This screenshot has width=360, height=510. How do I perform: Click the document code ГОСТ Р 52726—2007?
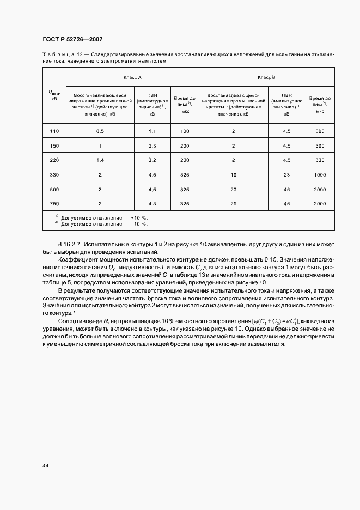pos(72,40)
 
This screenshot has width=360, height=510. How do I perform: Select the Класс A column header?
pos(132,77)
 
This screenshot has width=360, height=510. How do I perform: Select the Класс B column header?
pos(266,77)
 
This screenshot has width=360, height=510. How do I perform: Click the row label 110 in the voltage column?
pos(54,131)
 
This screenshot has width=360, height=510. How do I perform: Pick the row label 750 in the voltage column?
pos(54,203)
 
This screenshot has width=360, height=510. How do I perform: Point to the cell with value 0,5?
pos(100,131)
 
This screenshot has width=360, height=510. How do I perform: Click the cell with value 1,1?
pos(152,131)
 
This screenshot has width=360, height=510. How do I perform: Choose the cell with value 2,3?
pos(152,146)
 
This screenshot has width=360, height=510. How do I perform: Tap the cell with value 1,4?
pos(100,160)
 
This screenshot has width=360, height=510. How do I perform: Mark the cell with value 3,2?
pos(152,160)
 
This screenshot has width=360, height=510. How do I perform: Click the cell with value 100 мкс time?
pos(185,131)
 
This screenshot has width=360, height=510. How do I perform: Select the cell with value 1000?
pos(320,175)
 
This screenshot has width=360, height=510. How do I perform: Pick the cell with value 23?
pos(286,175)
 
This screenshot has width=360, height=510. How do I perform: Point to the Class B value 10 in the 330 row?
pos(233,175)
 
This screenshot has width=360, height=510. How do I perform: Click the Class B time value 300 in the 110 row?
pos(320,131)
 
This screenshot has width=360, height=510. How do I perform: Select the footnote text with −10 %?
pos(103,223)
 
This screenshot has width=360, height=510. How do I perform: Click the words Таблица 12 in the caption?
pos(65,54)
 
